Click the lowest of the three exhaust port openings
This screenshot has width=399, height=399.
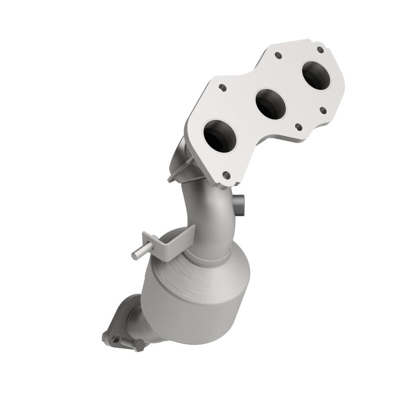[x=220, y=136]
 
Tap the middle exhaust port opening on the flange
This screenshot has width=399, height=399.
[x=270, y=104]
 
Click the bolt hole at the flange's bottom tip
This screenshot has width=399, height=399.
[x=226, y=175]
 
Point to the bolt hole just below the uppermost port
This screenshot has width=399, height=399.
[x=322, y=109]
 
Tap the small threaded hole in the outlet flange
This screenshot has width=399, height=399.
[x=117, y=339]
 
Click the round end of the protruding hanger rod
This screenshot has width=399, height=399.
[x=135, y=255]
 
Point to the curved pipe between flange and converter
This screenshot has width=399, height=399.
[x=209, y=209]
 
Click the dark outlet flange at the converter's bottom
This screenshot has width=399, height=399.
[x=122, y=324]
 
